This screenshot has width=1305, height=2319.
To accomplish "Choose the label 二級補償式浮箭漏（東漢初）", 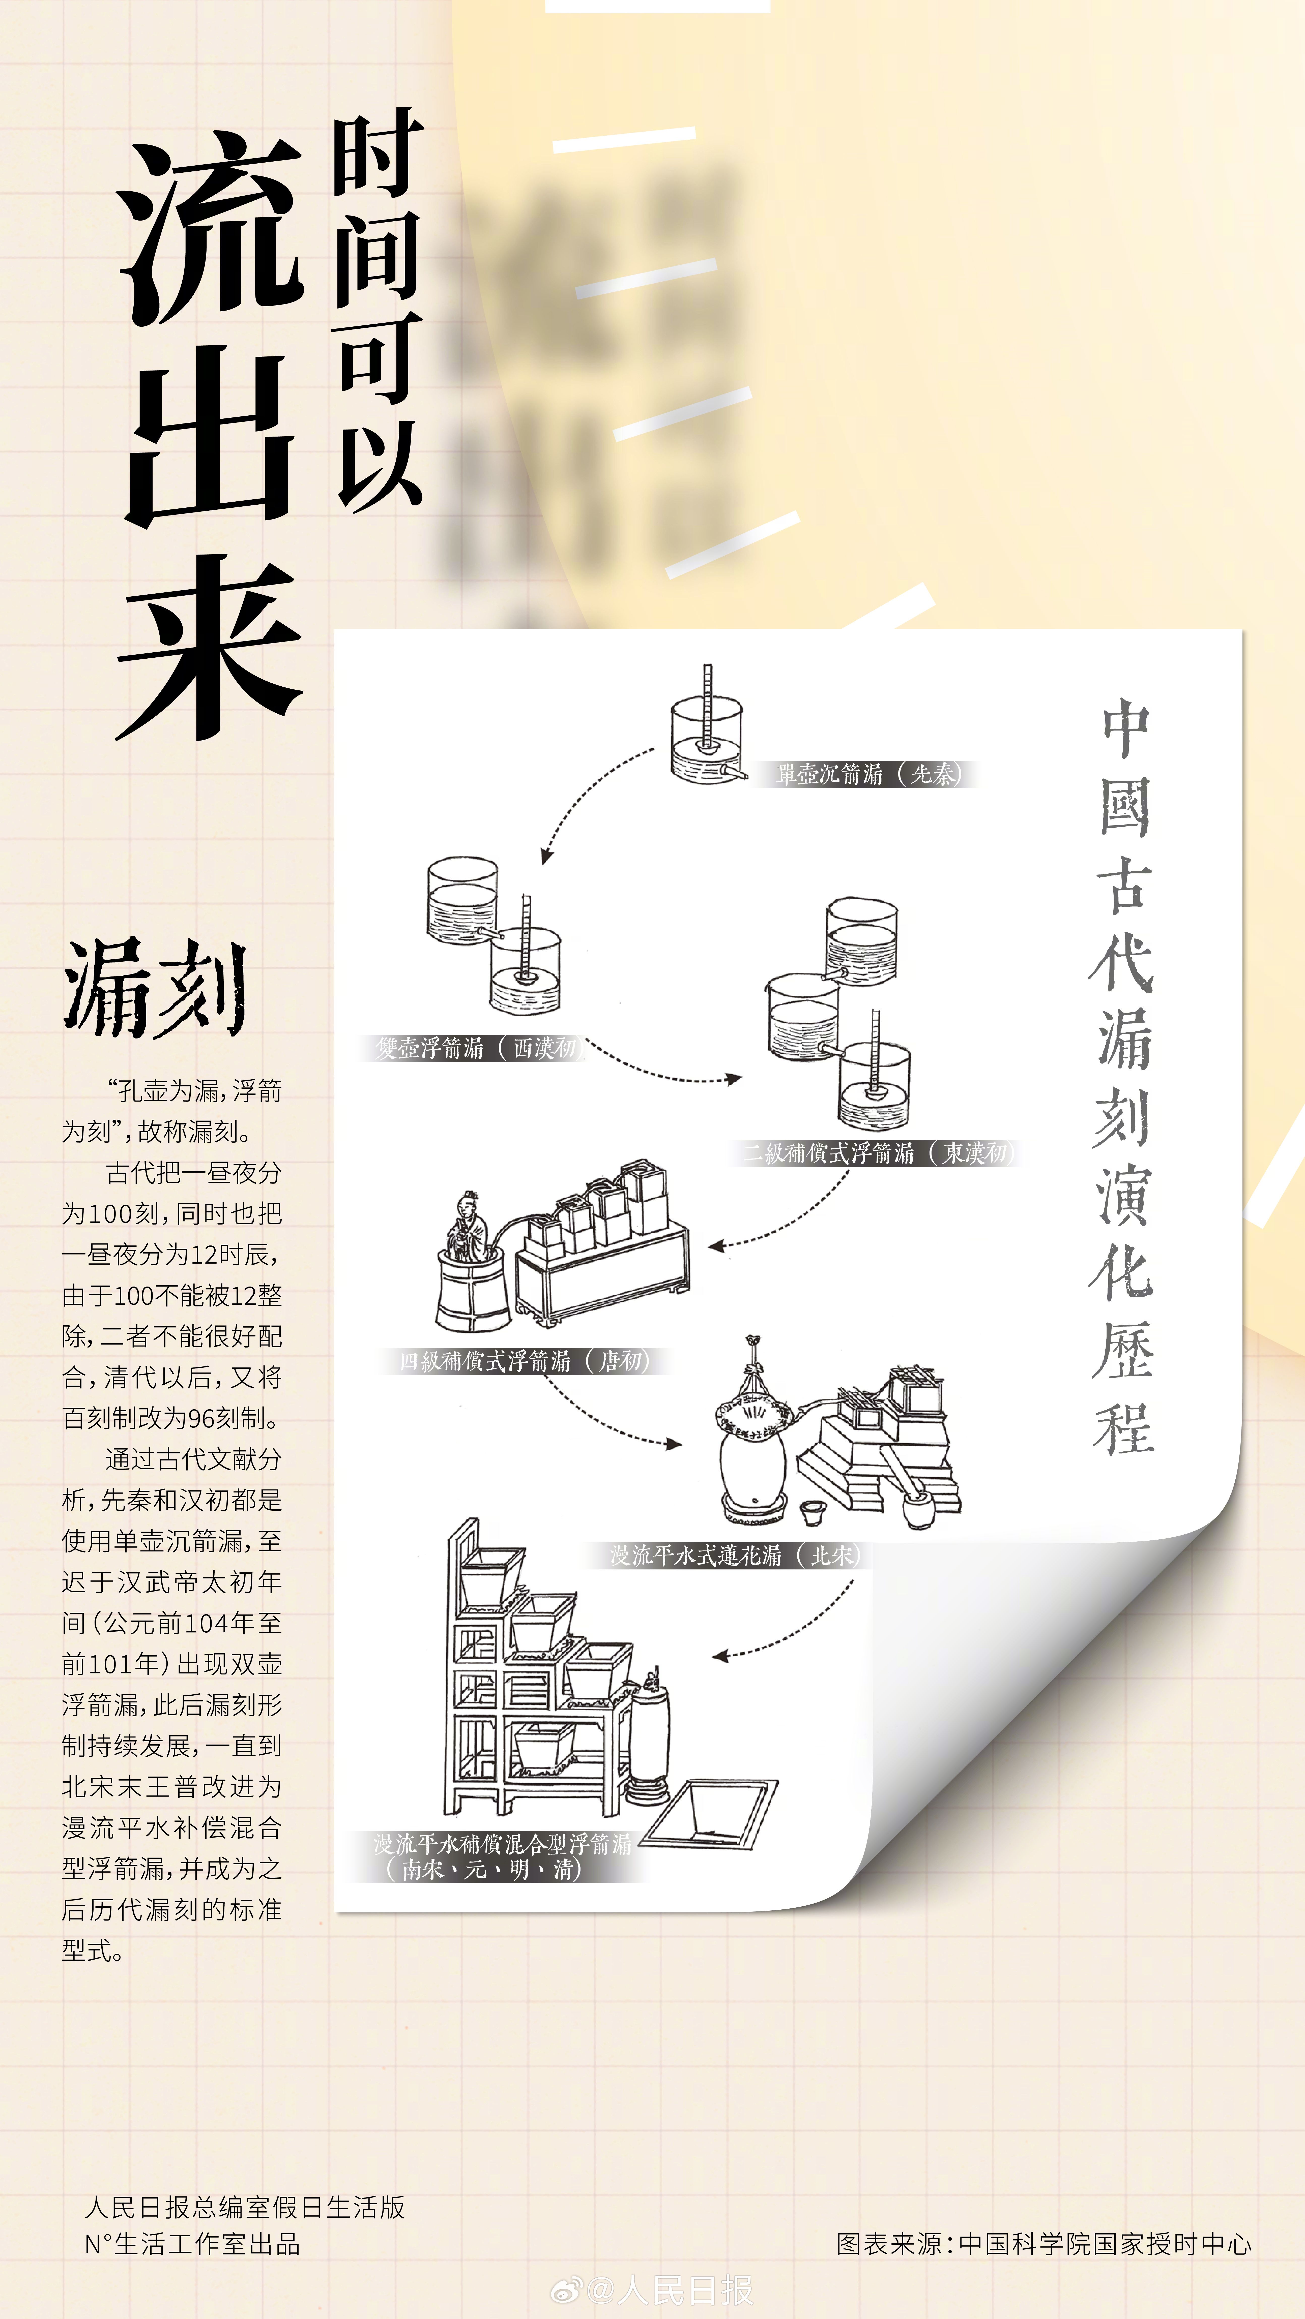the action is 878,1153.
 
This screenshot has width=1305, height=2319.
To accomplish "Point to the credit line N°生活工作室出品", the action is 192,2243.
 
